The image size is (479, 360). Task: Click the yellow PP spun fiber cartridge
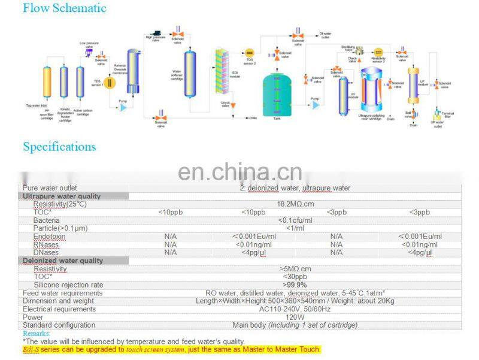coord(47,86)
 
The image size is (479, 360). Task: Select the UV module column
coord(342,91)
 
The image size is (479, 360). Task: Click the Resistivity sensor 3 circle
coord(378,53)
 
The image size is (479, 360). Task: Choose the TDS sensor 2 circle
coord(250,53)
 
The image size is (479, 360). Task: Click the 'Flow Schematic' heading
coord(64,8)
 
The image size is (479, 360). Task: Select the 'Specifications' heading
coord(59,147)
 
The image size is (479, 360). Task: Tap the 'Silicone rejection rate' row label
coord(68,285)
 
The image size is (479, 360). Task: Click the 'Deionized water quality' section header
coord(63,261)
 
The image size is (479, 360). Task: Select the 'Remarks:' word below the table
coord(37,333)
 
